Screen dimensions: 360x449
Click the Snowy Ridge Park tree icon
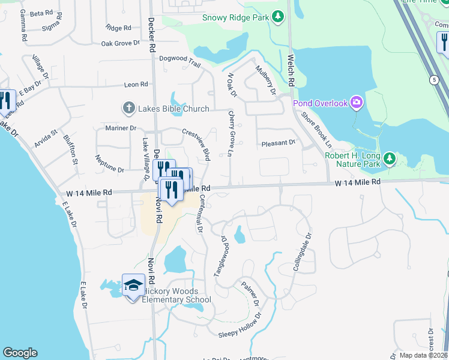coord(277,17)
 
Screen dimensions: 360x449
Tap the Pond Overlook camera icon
coord(356,103)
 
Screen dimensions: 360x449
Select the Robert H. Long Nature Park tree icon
coord(390,158)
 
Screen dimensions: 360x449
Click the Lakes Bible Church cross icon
coord(128,109)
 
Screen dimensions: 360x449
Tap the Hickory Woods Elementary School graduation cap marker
coord(133,284)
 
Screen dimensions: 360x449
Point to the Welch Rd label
coord(291,70)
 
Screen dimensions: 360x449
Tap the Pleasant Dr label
coord(279,143)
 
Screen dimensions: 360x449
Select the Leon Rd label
coord(136,85)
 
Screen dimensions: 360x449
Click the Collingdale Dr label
coord(303,255)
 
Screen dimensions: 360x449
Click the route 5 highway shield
coord(433,79)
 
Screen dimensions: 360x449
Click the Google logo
coord(20,353)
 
